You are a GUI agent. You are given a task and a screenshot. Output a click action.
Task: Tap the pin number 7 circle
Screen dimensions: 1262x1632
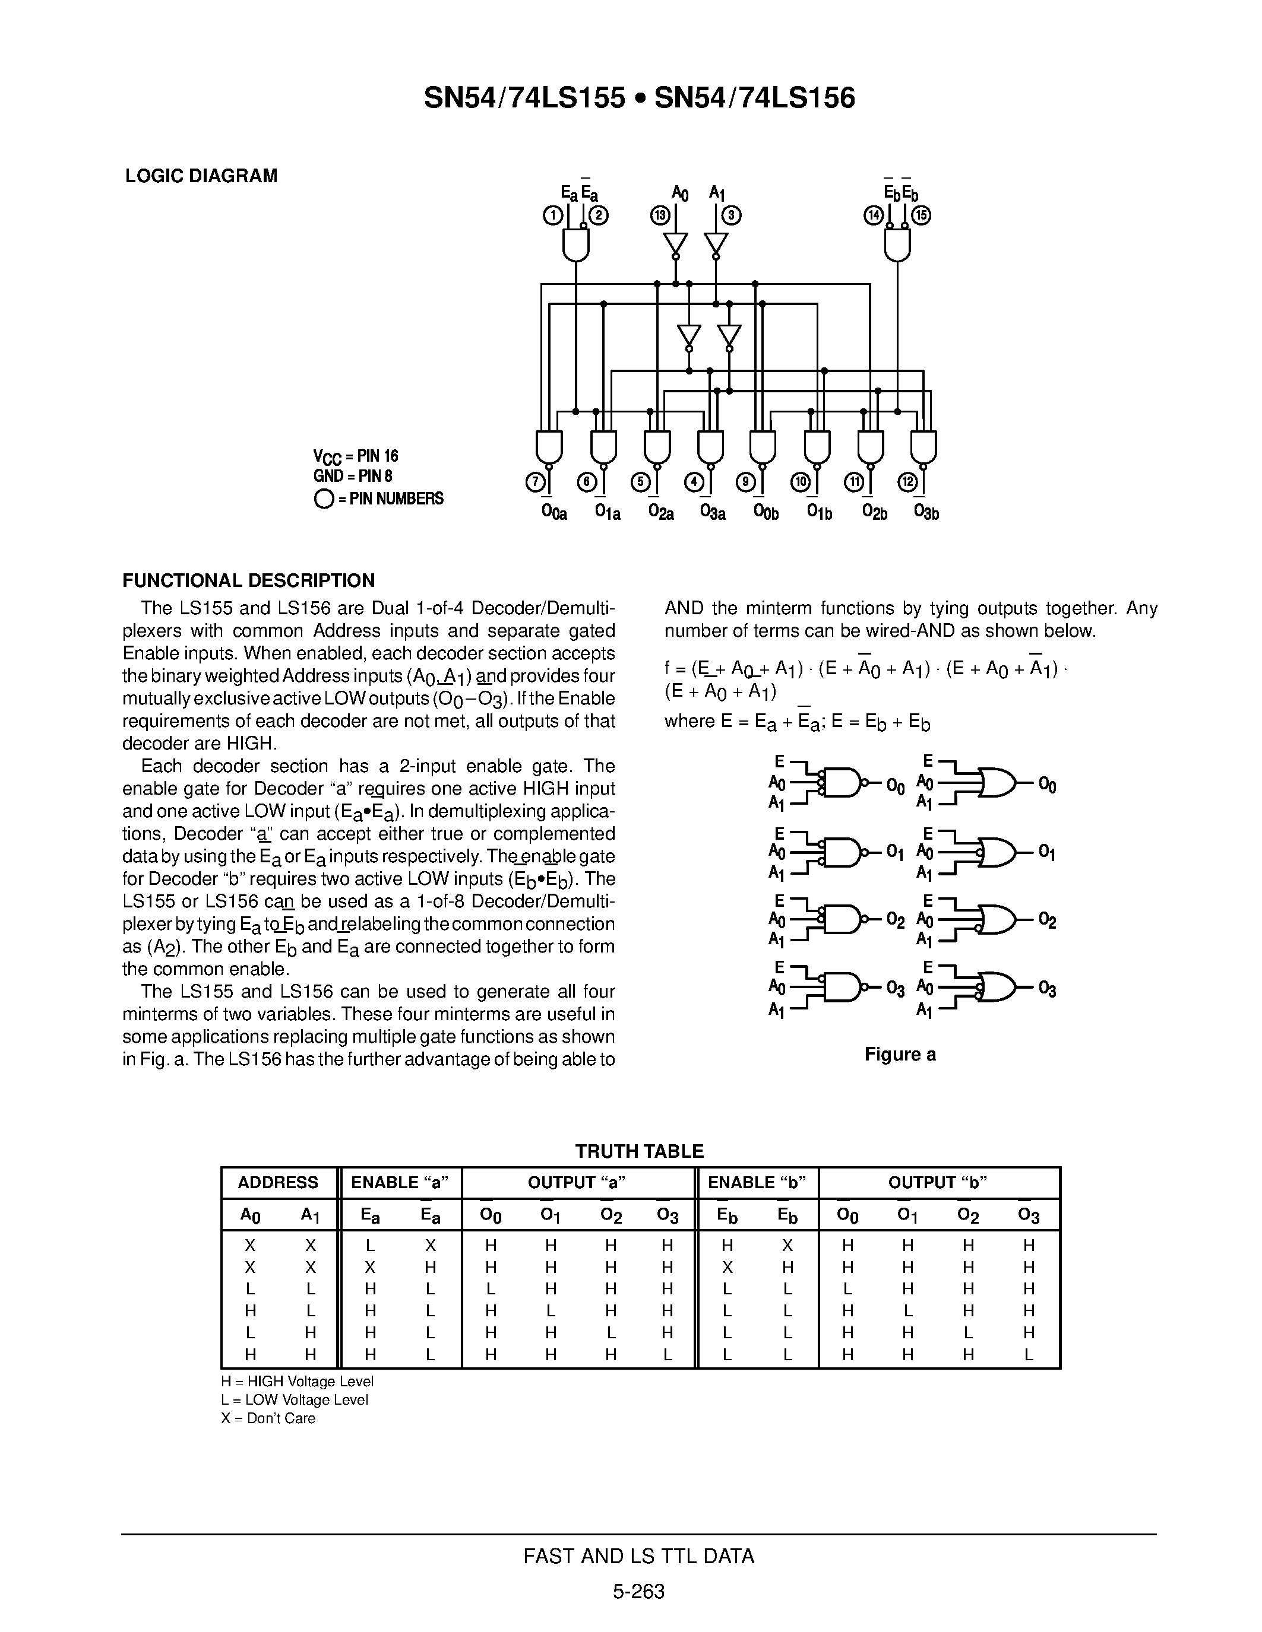(534, 482)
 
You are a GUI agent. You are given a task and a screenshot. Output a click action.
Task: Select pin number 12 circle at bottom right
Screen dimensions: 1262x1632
(907, 482)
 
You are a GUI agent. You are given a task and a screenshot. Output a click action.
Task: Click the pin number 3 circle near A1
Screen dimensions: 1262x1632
(731, 216)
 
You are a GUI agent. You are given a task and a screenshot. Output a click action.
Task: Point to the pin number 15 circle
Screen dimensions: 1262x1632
(922, 216)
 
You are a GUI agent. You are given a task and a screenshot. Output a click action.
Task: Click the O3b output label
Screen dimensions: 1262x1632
(926, 512)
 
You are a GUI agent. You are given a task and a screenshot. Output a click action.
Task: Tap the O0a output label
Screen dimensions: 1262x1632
(554, 512)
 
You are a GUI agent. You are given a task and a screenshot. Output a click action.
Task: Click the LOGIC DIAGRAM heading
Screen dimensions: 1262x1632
(201, 176)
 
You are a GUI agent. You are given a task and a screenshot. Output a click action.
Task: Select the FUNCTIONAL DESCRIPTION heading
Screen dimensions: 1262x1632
(248, 580)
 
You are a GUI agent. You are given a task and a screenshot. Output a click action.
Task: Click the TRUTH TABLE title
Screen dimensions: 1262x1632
(639, 1151)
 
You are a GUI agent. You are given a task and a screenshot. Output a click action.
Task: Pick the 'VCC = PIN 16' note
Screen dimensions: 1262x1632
(355, 456)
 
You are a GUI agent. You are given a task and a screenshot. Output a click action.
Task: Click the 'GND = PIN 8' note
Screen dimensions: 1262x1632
(352, 476)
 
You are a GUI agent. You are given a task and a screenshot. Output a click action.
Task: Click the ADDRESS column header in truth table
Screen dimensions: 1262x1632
(277, 1182)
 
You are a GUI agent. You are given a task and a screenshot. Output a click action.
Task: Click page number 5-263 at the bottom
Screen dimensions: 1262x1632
(638, 1592)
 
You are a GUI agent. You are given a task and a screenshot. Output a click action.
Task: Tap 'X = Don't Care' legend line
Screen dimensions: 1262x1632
(268, 1418)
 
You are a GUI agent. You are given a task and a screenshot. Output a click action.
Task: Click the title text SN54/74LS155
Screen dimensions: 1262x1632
(523, 98)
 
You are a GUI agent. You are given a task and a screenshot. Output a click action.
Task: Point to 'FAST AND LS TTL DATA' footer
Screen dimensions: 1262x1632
(638, 1557)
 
